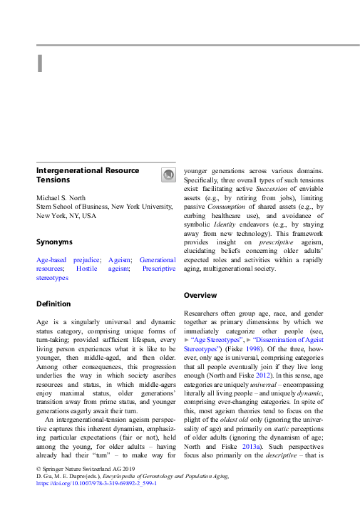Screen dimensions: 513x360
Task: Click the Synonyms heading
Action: click(54, 242)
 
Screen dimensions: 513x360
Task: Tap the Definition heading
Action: click(53, 304)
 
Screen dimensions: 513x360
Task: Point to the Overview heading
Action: click(201, 294)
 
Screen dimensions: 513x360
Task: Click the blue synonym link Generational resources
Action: click(157, 260)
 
